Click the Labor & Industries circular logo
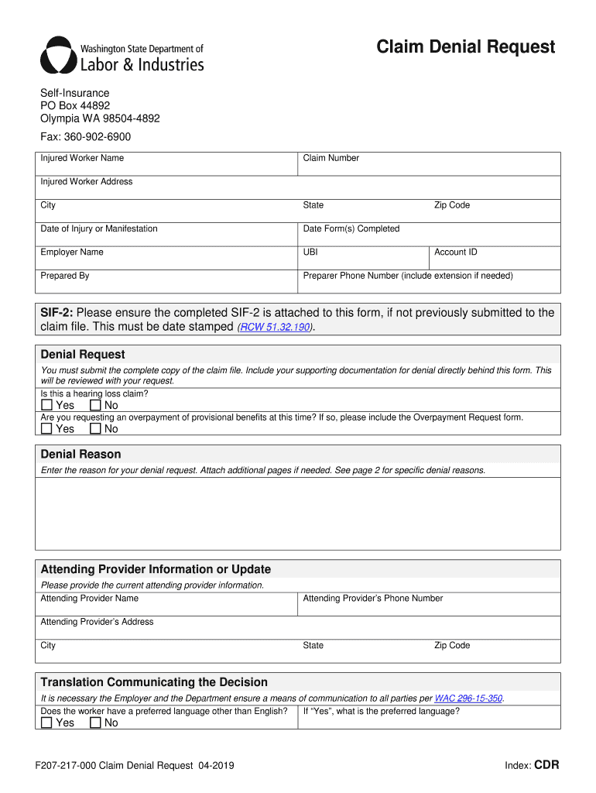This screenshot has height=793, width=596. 59,54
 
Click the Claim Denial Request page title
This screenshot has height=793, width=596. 465,47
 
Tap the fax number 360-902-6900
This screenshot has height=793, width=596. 103,137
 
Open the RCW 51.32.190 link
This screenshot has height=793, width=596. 276,328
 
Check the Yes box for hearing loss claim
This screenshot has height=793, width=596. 47,405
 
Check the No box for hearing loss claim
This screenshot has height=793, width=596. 95,405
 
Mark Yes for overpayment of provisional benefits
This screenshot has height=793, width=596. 47,429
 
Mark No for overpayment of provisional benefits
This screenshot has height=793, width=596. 95,429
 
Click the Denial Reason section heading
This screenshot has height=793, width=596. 80,455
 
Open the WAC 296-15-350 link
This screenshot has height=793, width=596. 468,698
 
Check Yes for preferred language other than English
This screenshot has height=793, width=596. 47,723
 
